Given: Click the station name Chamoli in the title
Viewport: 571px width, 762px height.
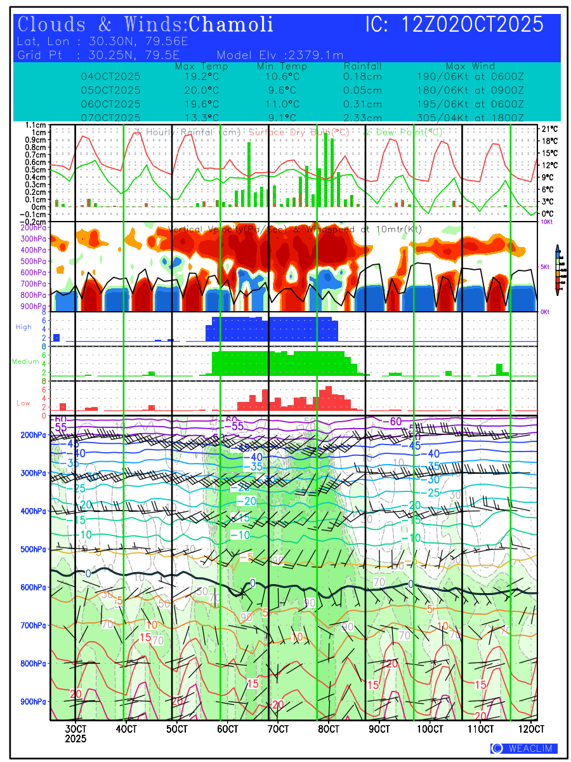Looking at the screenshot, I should pos(232,25).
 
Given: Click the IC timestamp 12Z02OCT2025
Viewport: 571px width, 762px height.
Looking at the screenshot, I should pos(454,25).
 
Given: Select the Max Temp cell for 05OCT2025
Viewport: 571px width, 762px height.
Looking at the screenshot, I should pos(202,90).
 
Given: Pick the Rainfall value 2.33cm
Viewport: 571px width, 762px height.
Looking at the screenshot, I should pos(363,117).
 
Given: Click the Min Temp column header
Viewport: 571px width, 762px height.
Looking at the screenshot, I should pos(282,67).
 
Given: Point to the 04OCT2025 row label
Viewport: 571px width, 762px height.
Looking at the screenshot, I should pos(111,77).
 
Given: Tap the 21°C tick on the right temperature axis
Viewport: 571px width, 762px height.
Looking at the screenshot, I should pos(549,129).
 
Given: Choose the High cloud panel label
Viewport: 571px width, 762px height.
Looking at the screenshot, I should pos(23,326).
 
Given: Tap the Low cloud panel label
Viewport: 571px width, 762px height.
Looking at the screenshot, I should pos(23,403).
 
